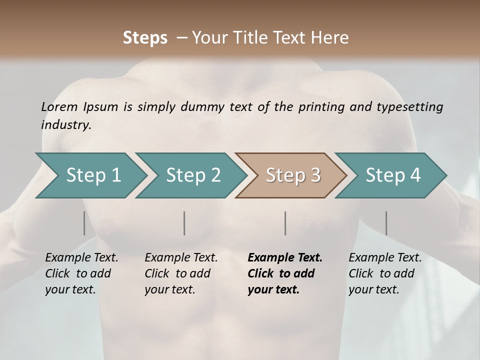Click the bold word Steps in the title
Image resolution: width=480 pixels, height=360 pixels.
pos(145,38)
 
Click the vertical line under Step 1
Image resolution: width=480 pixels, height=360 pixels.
pos(84,223)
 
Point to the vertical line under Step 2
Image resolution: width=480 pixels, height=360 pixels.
pos(184,223)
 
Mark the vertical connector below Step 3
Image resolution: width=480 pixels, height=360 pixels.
pos(285,223)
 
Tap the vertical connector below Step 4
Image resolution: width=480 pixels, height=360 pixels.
pos(386,223)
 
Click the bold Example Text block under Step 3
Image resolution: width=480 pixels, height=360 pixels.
pos(284,273)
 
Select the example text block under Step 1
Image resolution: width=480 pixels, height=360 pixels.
pos(81,273)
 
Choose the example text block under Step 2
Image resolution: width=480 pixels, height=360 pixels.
pos(181,273)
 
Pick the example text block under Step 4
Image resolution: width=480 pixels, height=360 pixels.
pos(385,273)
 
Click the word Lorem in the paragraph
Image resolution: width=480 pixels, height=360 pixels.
pos(59,106)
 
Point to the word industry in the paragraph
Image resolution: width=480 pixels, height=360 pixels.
pos(66,124)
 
